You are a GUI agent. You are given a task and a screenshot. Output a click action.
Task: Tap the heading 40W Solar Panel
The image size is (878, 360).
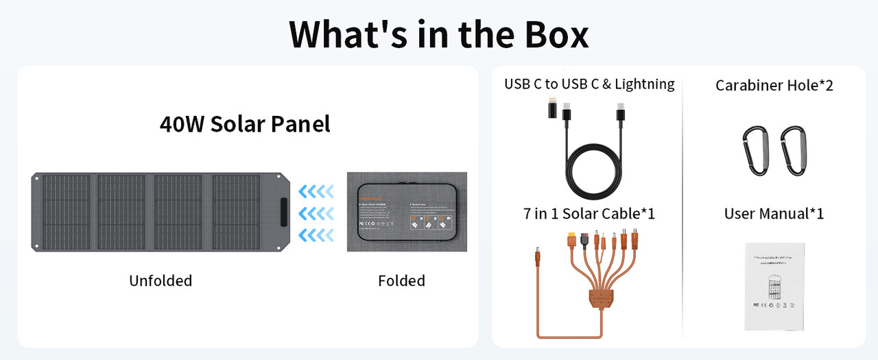pos(245,124)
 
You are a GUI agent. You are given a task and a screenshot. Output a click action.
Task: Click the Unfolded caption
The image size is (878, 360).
pos(161,280)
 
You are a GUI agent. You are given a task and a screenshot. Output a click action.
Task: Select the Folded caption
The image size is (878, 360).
pos(401,280)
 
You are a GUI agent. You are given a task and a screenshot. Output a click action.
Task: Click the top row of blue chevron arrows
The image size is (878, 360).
pos(316,190)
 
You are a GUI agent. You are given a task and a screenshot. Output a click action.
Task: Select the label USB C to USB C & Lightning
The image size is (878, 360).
pos(589,84)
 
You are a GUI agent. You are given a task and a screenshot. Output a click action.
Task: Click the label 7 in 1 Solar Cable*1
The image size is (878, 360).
pos(589,213)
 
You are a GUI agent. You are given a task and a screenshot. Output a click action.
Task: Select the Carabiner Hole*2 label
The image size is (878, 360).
pos(774,85)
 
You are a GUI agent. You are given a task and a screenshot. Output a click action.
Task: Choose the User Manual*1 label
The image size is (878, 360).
pos(774,213)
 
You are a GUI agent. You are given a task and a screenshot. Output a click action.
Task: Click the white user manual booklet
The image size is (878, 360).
pos(774,285)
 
